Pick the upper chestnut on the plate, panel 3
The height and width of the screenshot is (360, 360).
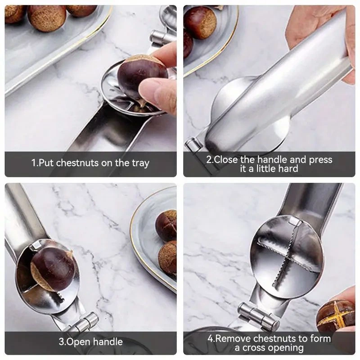[x=166, y=225]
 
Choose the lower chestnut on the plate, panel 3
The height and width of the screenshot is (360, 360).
[x=168, y=257]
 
